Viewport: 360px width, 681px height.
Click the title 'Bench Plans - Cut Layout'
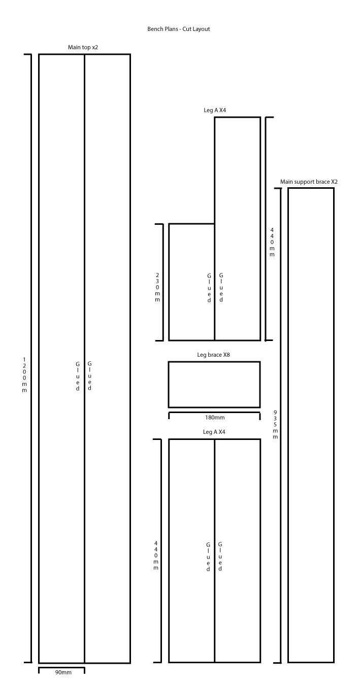[x=179, y=29]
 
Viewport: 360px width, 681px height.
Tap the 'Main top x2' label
[x=83, y=47]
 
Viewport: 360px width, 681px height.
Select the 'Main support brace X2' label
[x=309, y=182]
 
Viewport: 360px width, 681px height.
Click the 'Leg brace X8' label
[x=213, y=355]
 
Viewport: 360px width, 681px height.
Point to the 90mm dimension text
[x=63, y=678]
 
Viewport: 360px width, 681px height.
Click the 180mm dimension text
[x=215, y=418]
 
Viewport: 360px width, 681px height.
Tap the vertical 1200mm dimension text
[x=24, y=375]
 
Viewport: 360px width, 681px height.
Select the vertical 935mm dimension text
[x=275, y=424]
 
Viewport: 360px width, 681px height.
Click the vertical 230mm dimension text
[x=157, y=287]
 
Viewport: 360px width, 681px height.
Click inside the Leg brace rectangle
[x=214, y=385]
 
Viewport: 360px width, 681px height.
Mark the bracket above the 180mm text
[x=215, y=413]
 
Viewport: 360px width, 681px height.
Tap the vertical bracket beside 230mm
[x=163, y=282]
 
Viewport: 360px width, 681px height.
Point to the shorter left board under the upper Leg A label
[x=192, y=282]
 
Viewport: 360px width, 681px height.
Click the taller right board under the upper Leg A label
[x=238, y=229]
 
